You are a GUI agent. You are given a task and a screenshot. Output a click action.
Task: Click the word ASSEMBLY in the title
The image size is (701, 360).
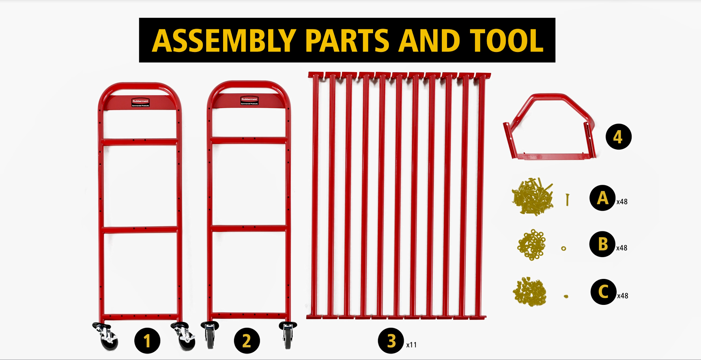[x=224, y=41]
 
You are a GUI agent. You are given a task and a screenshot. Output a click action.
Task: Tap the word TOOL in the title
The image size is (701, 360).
[x=507, y=41]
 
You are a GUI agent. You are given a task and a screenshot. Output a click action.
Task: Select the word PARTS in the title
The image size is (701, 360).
[x=347, y=41]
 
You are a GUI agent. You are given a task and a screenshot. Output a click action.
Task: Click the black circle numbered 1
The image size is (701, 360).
[x=147, y=341]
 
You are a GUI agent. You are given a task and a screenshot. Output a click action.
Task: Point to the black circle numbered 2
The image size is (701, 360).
[x=247, y=341]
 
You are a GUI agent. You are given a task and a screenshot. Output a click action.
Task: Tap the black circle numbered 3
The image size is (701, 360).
[x=391, y=341]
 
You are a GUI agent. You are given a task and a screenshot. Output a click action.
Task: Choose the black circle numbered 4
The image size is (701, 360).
[x=618, y=137]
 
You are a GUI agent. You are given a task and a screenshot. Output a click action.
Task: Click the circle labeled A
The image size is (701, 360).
[x=602, y=198]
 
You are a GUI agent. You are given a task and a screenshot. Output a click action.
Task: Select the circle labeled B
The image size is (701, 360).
[x=602, y=244]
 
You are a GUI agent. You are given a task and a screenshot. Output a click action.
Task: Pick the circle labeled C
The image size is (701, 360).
[x=603, y=291]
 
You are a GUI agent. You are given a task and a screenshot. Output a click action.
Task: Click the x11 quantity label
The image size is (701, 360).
[x=411, y=345]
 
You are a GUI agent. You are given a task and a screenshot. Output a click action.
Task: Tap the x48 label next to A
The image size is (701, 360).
[x=622, y=201]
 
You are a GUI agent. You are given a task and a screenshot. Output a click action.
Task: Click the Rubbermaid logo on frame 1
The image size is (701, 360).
[x=140, y=102]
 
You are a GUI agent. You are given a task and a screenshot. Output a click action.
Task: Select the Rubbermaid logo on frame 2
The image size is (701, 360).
[x=249, y=101]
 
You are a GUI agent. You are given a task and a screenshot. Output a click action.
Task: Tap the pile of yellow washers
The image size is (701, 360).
[x=531, y=244]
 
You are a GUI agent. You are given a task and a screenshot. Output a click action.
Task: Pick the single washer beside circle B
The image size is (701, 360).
[x=563, y=248]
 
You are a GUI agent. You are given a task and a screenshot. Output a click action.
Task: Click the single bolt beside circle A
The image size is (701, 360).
[x=567, y=199]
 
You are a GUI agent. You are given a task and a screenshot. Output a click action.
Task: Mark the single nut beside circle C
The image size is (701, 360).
[x=566, y=296]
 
